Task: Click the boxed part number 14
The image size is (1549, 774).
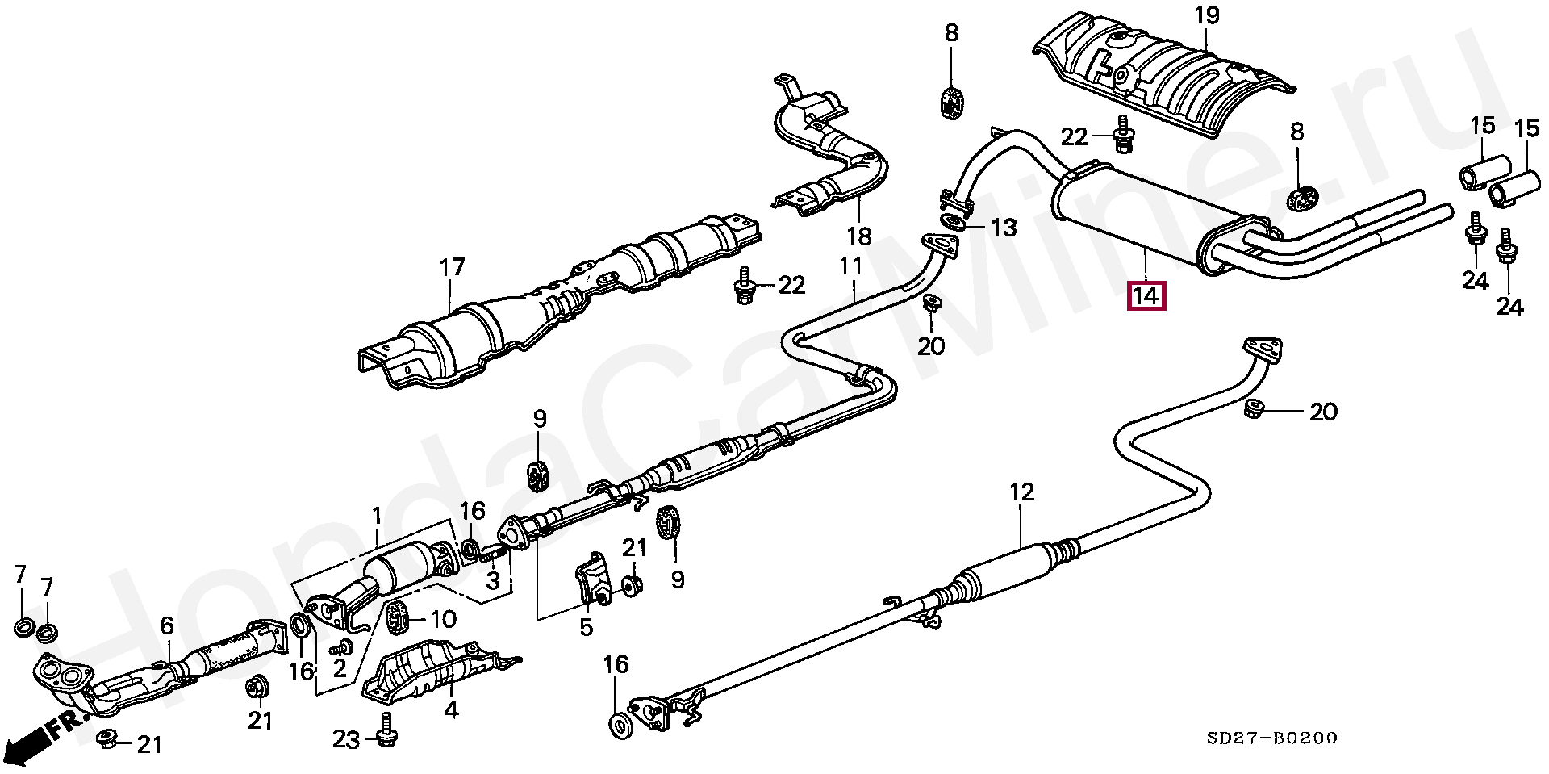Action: coord(1146,296)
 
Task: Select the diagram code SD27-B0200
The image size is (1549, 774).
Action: coord(1271,738)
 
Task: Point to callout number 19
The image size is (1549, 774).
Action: coord(1206,15)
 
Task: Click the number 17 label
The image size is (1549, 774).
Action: coord(453,266)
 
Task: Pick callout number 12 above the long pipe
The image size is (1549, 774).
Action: coord(1021,492)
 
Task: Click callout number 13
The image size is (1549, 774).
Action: coord(1004,228)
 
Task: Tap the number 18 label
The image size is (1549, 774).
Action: coord(859,236)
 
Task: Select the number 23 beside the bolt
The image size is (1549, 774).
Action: coord(346,738)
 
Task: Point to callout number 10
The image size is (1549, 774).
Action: coord(444,619)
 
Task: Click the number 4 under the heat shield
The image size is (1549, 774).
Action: coord(451,709)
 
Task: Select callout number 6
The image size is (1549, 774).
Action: coord(167,625)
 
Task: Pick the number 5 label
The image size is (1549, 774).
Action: coord(586,626)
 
